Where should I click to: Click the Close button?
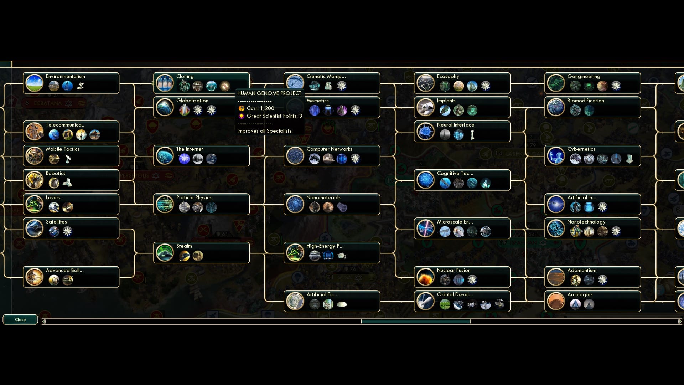click(20, 320)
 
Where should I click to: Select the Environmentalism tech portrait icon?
click(35, 83)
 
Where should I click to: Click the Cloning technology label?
click(185, 76)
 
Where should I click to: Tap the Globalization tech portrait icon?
click(165, 107)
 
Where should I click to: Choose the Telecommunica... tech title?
click(66, 125)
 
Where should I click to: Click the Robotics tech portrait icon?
click(35, 180)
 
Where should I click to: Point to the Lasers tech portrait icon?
click(35, 204)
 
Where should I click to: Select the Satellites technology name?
click(56, 222)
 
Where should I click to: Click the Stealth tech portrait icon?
click(165, 253)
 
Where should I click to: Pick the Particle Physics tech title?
click(194, 197)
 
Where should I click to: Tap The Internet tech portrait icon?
click(165, 156)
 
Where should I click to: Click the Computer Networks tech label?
click(330, 149)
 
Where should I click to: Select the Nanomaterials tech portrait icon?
click(295, 204)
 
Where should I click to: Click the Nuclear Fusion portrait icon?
click(426, 277)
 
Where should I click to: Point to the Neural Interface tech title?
click(456, 125)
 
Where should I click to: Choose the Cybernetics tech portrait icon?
click(556, 156)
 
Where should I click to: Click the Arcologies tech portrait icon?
click(556, 301)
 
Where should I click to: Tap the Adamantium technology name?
click(582, 270)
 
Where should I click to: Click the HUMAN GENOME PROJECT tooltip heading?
click(269, 93)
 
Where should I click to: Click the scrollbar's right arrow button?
click(680, 322)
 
